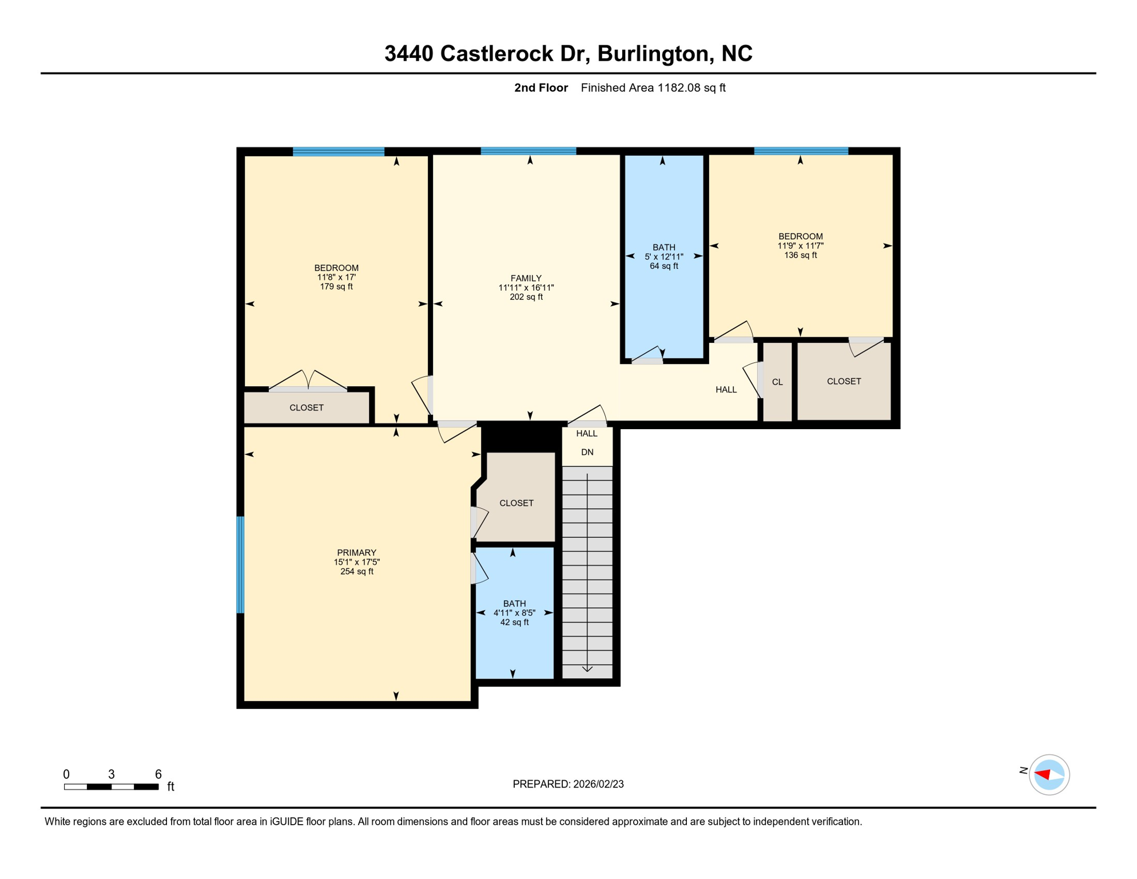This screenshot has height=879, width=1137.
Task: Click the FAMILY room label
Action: (x=526, y=279)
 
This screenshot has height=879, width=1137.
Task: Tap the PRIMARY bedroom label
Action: (x=356, y=553)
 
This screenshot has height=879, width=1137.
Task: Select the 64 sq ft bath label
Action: (x=663, y=256)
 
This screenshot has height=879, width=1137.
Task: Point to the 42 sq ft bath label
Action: (x=514, y=612)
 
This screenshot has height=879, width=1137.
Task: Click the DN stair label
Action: (x=587, y=452)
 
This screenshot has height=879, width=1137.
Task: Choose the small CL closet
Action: (x=777, y=382)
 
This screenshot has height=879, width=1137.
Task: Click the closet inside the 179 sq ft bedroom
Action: (x=307, y=407)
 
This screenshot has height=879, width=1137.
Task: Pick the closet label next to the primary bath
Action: (x=516, y=503)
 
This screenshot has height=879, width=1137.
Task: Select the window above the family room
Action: (x=528, y=151)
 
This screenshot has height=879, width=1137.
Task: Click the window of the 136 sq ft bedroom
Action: (x=801, y=151)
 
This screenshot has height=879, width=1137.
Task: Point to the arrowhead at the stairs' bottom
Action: (x=587, y=668)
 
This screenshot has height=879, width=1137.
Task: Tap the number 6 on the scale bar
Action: (x=158, y=774)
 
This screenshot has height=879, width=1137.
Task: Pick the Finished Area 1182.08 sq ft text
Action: (x=653, y=88)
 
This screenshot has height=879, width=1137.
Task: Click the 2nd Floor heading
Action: (x=540, y=88)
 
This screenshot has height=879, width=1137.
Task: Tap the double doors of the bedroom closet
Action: (x=308, y=381)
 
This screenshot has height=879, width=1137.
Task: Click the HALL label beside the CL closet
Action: (x=726, y=390)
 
